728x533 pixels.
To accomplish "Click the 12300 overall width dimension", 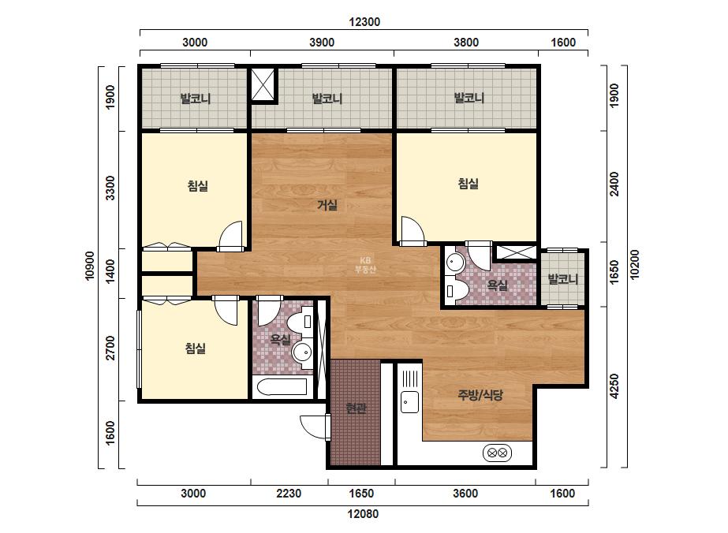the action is click(x=364, y=22).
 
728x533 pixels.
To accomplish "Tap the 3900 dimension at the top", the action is click(x=322, y=43).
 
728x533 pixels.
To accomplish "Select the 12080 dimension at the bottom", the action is click(x=363, y=514).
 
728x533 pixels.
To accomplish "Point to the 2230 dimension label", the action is click(x=289, y=493).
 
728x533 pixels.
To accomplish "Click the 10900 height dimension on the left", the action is click(x=90, y=266).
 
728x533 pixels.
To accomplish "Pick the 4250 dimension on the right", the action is click(x=614, y=386).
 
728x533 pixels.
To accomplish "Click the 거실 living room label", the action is click(x=327, y=205).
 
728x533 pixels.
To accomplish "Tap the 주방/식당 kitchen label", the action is click(x=480, y=395).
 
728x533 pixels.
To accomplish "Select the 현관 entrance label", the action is click(x=357, y=408).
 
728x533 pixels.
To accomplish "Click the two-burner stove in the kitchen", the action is click(x=497, y=453).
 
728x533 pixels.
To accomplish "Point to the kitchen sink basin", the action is click(x=409, y=401).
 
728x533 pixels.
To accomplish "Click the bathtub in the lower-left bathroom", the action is click(x=282, y=387).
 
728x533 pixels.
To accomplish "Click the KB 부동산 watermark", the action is click(x=365, y=265).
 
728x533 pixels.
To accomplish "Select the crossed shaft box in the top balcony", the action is click(x=263, y=84).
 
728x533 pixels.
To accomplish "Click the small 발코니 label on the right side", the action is click(x=563, y=279).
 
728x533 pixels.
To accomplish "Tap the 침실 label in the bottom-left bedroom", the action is click(x=196, y=348).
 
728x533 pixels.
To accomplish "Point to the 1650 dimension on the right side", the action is click(x=614, y=272).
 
